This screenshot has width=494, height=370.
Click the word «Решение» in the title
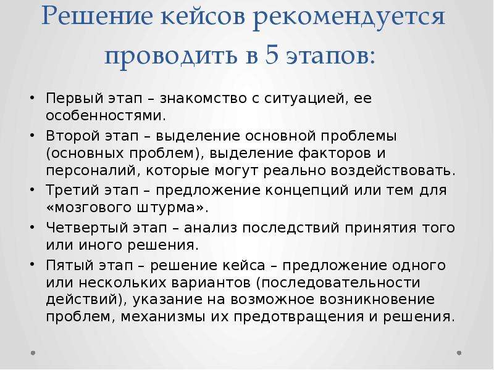coord(97,17)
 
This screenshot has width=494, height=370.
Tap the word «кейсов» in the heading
coord(203,17)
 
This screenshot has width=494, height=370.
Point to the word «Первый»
coord(75,98)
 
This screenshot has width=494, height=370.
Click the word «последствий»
coord(291,228)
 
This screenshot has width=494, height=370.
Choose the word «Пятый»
coord(72,265)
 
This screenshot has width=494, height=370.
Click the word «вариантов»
coord(211,282)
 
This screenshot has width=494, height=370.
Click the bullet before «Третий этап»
coord(32,190)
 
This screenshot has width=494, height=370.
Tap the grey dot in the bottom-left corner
coord(33,353)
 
